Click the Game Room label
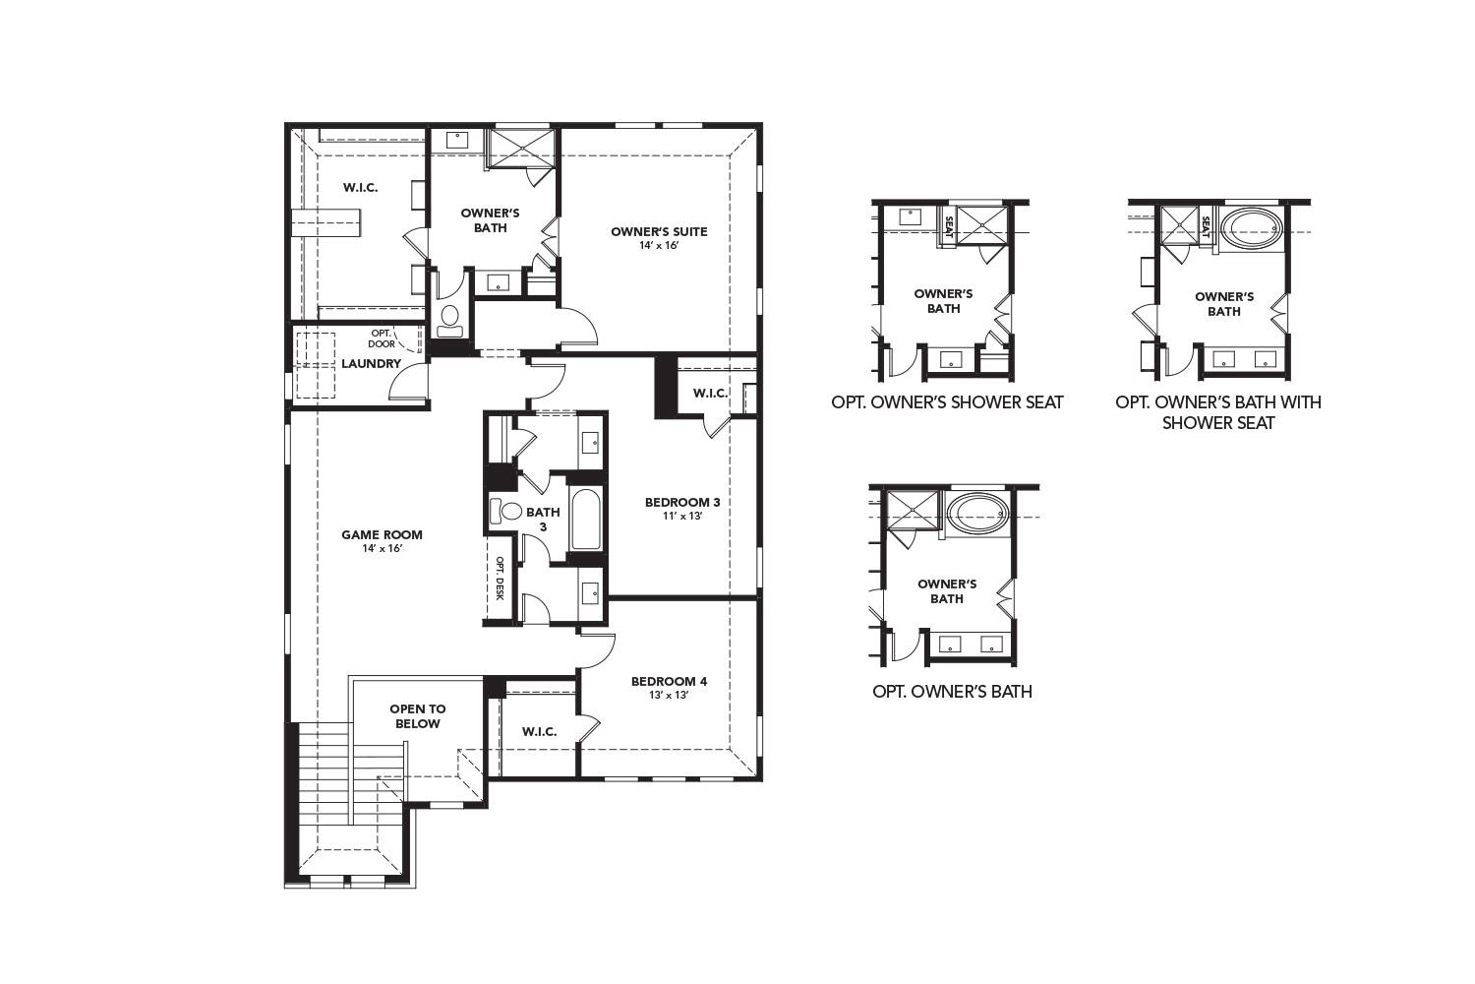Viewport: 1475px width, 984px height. (382, 535)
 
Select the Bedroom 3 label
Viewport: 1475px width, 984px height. (682, 503)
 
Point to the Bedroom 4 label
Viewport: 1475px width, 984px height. (669, 681)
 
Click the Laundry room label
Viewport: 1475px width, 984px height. (371, 364)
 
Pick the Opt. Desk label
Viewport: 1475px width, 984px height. (500, 579)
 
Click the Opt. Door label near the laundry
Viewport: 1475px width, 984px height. (382, 338)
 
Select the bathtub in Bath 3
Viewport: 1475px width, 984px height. (585, 519)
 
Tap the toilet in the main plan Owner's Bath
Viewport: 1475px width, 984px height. (450, 317)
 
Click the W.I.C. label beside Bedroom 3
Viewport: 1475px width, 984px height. (710, 394)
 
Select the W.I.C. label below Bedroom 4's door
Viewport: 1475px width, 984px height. (539, 731)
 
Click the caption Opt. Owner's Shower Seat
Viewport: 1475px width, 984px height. (947, 402)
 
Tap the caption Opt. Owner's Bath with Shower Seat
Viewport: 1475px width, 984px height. (1218, 412)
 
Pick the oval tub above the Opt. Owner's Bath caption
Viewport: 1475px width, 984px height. (976, 513)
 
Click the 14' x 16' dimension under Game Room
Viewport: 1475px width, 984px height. (382, 548)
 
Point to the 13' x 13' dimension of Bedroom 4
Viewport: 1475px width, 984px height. (669, 695)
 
